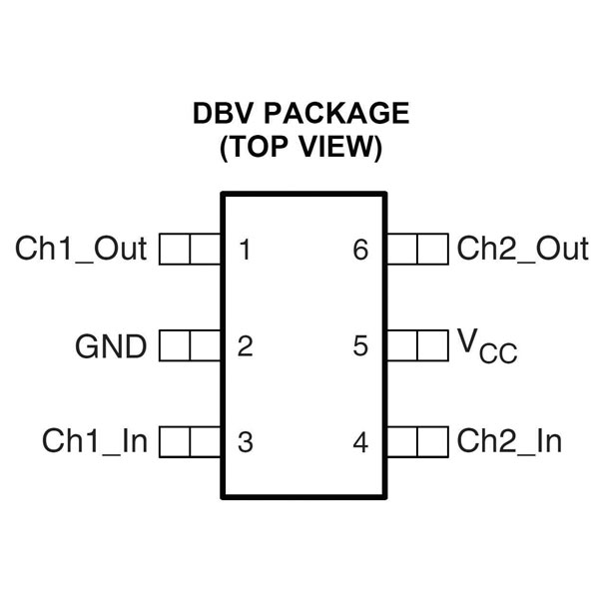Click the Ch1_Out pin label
81,249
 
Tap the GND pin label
111,347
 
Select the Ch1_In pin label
95,441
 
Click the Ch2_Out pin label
522,249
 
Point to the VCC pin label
487,346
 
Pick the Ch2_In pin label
509,441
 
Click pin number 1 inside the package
245,249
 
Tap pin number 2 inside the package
245,347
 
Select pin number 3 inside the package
245,441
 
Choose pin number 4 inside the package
360,441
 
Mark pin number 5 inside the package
360,347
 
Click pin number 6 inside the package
360,249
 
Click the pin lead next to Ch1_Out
190,249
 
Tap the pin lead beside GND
190,347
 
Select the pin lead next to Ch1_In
190,441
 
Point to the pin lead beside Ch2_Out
417,249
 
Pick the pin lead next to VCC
417,347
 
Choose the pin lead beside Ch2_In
417,441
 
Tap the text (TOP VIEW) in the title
300,148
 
